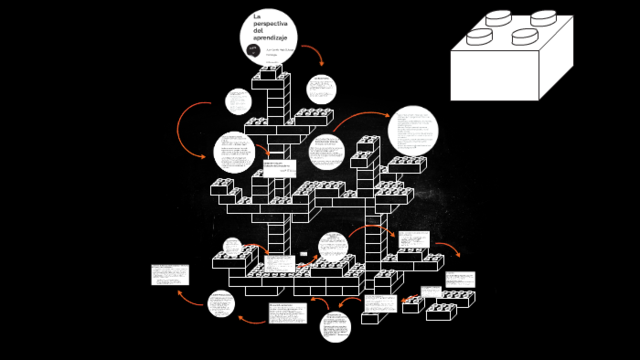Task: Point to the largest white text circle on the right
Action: tap(413, 131)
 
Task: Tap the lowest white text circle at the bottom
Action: tap(335, 325)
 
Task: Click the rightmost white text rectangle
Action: tap(459, 278)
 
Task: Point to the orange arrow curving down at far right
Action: tap(451, 250)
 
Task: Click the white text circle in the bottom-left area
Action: tap(221, 302)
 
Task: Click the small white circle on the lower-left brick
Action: tap(232, 247)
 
